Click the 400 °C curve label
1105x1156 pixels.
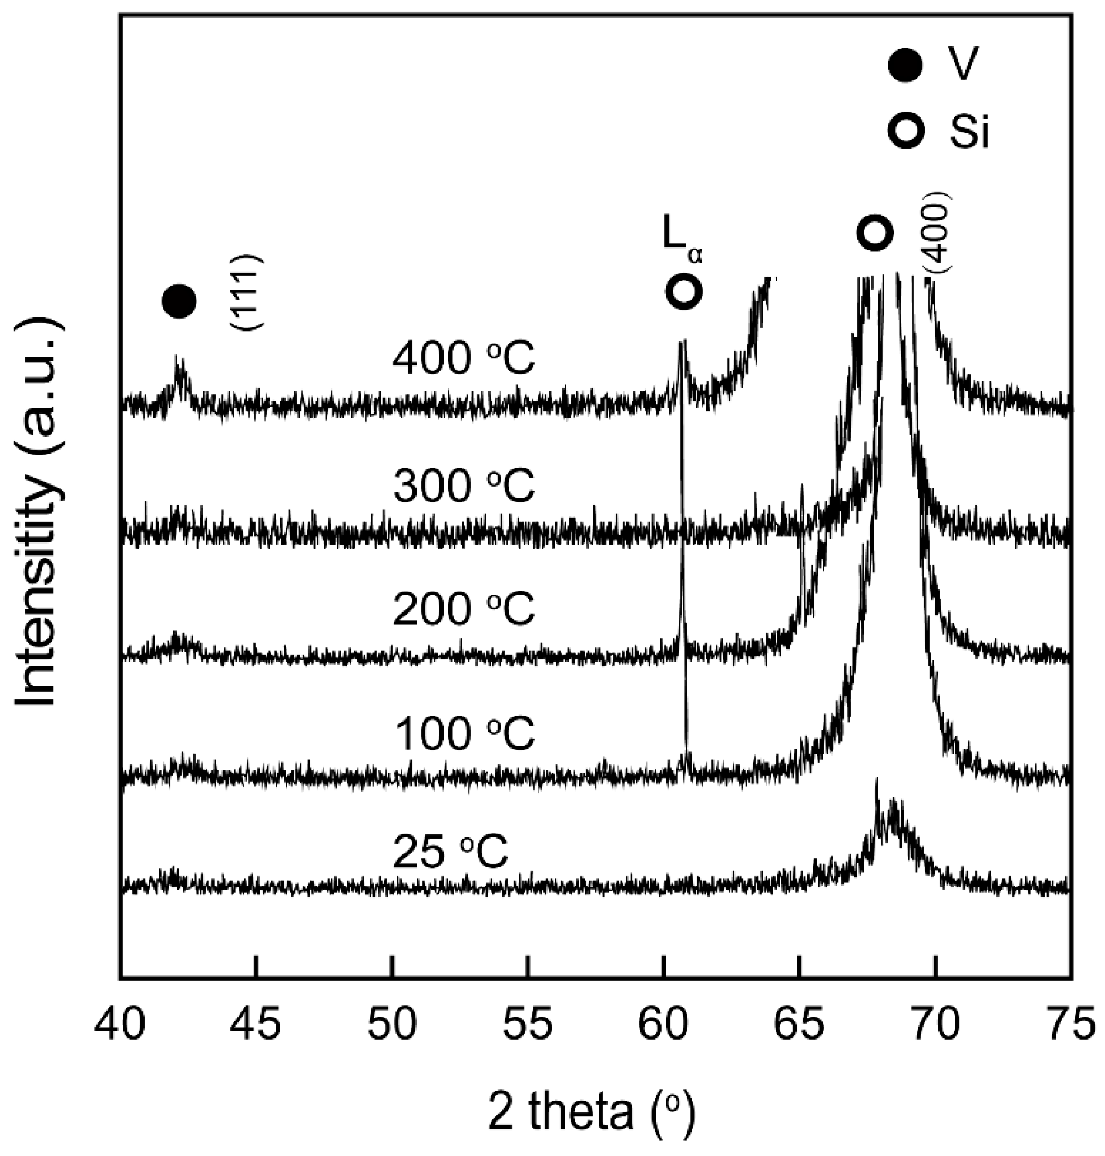(x=464, y=359)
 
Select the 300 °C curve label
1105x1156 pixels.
(x=464, y=486)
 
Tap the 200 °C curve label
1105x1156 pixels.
(x=464, y=609)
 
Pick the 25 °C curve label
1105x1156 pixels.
(x=450, y=853)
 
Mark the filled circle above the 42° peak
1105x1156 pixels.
(x=179, y=301)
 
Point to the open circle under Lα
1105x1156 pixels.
(x=684, y=291)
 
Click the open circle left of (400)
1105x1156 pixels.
(x=874, y=233)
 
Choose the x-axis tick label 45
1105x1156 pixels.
(x=256, y=1023)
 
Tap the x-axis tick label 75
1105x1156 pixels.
(x=1071, y=1023)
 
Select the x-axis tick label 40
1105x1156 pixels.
(x=120, y=1023)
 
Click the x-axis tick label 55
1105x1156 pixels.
(x=528, y=1023)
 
